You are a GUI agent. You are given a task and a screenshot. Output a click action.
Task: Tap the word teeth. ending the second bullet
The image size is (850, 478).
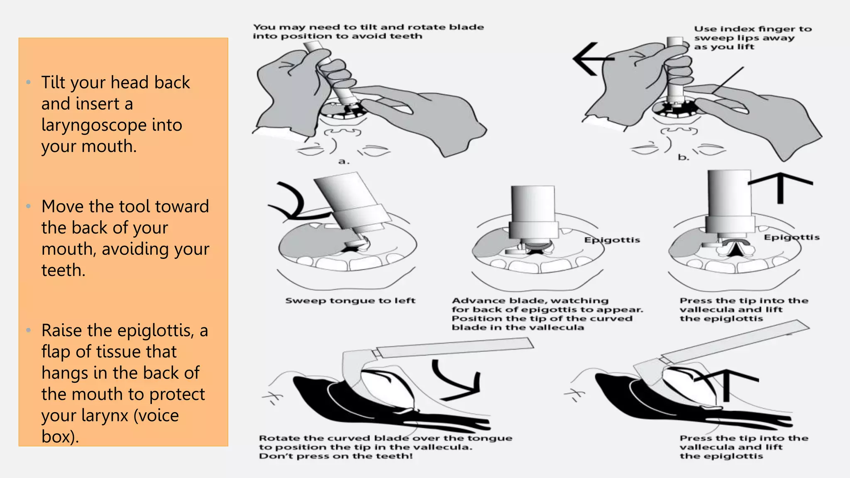(64, 270)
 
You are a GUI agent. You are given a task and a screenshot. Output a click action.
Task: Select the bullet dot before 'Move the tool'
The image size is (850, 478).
(28, 206)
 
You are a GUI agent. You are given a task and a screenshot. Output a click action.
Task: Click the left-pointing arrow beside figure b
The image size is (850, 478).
(591, 59)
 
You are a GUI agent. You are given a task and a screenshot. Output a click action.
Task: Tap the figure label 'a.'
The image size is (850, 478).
(344, 161)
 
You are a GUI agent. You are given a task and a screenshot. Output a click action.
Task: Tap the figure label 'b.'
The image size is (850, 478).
(683, 157)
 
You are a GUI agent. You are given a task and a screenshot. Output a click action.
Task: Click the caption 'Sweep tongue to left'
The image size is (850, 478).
(350, 300)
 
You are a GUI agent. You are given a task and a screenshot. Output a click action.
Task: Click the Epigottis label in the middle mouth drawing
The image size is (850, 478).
(612, 240)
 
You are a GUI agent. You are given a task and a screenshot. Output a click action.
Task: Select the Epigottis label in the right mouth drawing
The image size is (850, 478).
(791, 237)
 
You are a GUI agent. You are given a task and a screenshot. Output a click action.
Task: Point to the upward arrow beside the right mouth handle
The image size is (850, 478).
(780, 187)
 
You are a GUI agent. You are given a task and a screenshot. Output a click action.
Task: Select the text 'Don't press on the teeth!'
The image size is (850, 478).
(336, 456)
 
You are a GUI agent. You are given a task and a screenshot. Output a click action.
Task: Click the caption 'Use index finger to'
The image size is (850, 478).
(752, 29)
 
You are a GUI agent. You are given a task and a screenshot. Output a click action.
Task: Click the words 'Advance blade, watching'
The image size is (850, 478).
(530, 300)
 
